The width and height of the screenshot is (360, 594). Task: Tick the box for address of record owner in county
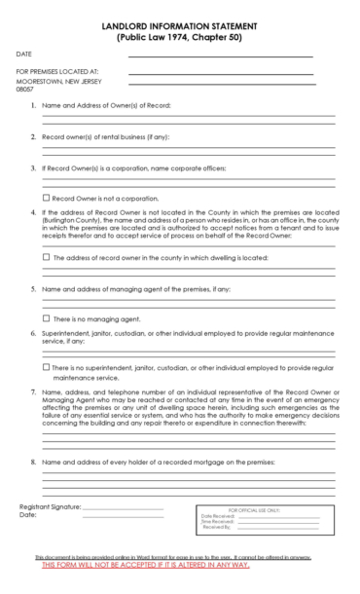click(x=47, y=258)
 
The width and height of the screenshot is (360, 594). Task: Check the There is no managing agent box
click(x=47, y=318)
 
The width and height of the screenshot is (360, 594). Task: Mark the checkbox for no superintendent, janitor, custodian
click(x=47, y=367)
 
